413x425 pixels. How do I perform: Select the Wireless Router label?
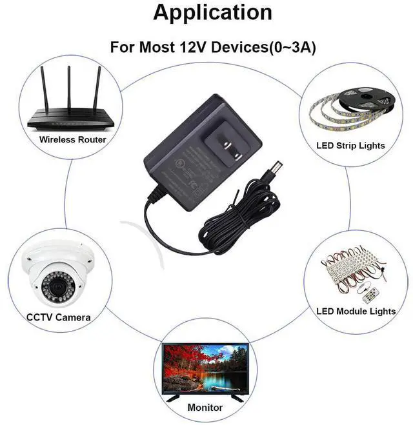tap(73, 139)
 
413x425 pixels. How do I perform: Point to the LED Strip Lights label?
tap(351, 146)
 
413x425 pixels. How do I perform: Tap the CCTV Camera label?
tap(58, 317)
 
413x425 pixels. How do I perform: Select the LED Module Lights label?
tap(356, 311)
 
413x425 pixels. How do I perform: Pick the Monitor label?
tap(205, 408)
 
